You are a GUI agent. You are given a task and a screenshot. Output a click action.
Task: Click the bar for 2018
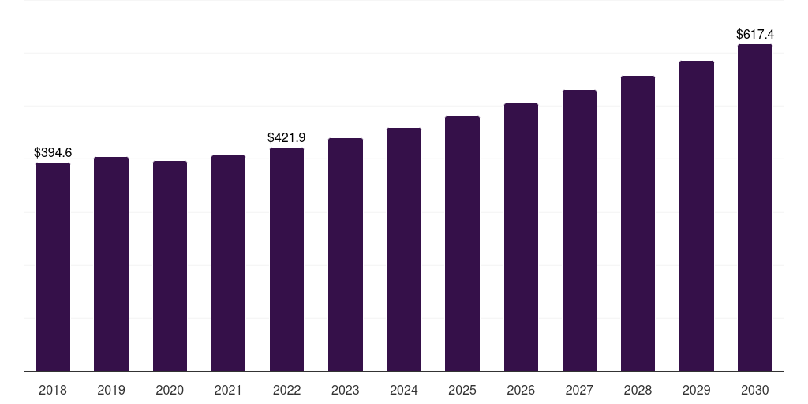(x=53, y=267)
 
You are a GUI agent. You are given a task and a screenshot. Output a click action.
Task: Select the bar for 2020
(x=170, y=266)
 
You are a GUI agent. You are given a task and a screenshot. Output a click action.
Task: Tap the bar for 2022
(x=286, y=259)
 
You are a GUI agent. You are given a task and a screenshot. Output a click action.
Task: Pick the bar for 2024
(x=404, y=249)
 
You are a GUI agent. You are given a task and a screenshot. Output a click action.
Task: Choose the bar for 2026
(x=521, y=237)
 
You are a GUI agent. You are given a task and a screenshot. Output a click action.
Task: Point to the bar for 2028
(x=638, y=223)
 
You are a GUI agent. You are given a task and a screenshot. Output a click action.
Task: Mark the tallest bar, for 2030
(x=755, y=208)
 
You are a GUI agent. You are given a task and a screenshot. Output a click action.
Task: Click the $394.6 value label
(x=53, y=152)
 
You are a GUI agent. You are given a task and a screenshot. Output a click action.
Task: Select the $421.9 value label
(x=286, y=137)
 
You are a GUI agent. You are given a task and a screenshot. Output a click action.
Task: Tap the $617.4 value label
(x=755, y=35)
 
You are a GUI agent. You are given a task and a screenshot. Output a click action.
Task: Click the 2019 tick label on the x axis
(x=111, y=391)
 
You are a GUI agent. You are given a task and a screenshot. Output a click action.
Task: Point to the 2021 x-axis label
(x=228, y=391)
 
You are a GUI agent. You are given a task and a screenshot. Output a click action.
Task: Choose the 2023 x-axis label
(x=346, y=391)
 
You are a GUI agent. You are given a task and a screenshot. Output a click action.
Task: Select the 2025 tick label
(x=462, y=391)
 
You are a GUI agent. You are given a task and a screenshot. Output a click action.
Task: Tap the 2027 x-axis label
(x=579, y=391)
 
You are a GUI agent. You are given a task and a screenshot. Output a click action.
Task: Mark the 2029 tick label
(x=696, y=391)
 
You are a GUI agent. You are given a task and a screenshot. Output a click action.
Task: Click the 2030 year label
(x=755, y=391)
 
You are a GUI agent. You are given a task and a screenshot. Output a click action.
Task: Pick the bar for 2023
(x=346, y=255)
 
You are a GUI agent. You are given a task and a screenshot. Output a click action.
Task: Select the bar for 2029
(x=697, y=216)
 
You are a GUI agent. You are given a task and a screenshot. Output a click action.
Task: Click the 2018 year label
(x=53, y=391)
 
